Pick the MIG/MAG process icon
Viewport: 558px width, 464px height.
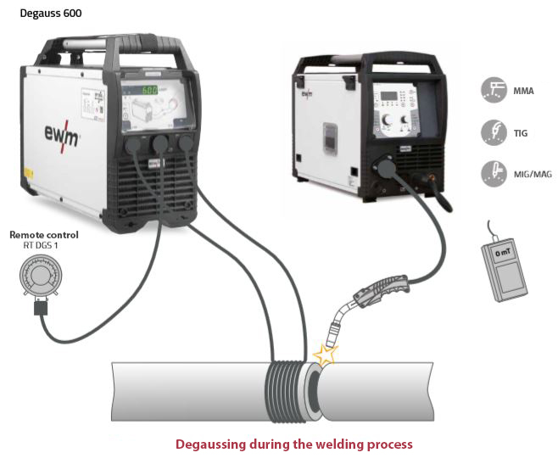click(x=491, y=170)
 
